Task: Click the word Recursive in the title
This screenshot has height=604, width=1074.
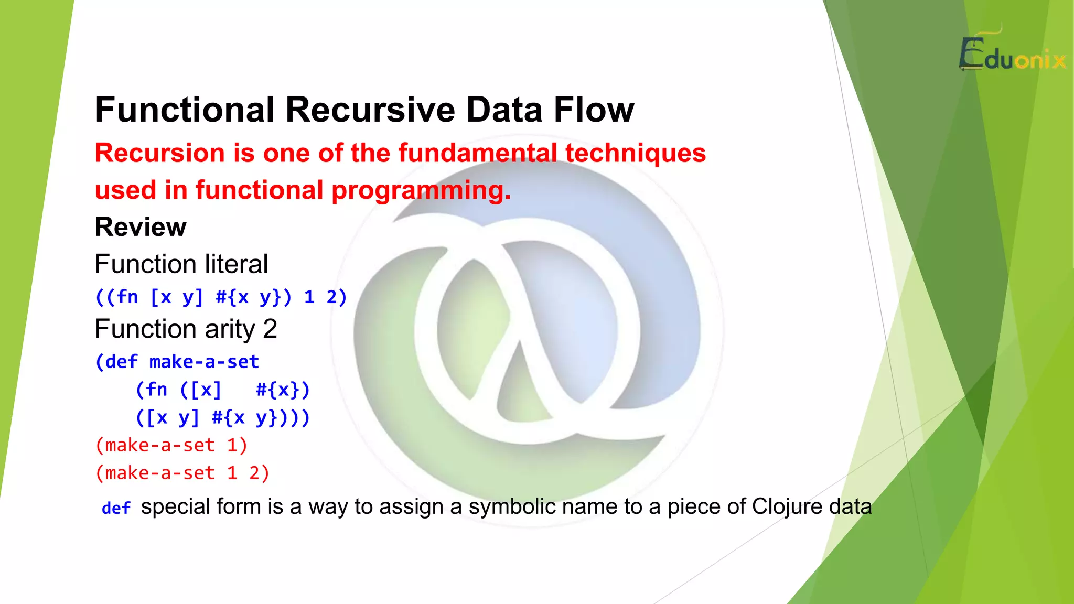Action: coord(370,110)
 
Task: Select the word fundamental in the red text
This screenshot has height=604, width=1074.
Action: coord(477,153)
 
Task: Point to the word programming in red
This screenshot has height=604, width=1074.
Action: coord(420,190)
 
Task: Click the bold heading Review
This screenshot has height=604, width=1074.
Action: coord(141,227)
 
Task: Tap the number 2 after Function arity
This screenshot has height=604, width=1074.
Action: coord(270,329)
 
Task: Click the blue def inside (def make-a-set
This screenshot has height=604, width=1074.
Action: coord(121,362)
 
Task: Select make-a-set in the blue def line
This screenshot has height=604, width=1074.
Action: coord(204,362)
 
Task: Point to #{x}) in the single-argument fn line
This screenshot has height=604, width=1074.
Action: coord(283,390)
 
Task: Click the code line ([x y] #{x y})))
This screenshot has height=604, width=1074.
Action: coord(222,418)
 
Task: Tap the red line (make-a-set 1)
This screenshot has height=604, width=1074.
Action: coord(171,445)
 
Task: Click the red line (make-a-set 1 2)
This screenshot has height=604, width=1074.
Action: coord(182,473)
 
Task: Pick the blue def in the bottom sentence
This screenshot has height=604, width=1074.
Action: coord(116,508)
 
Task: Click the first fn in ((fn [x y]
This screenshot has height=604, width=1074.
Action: coord(127,297)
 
